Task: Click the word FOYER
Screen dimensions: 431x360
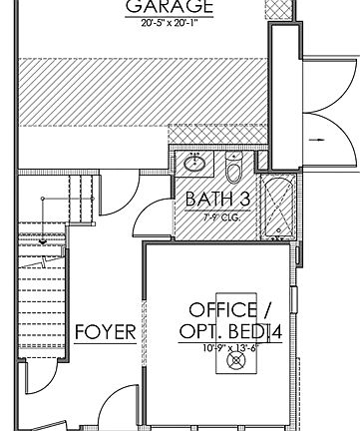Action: pyautogui.click(x=105, y=332)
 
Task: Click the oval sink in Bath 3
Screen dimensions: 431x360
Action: pyautogui.click(x=193, y=164)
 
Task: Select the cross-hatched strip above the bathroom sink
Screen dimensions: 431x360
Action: pyautogui.click(x=215, y=134)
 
